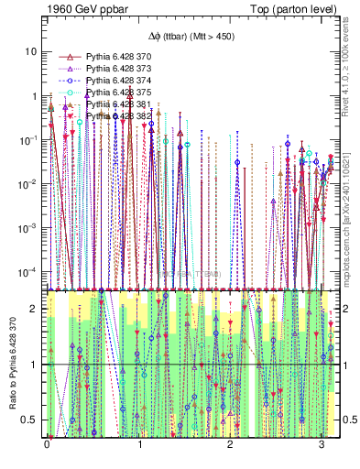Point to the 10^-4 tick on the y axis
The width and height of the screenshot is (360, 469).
[x=29, y=271]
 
